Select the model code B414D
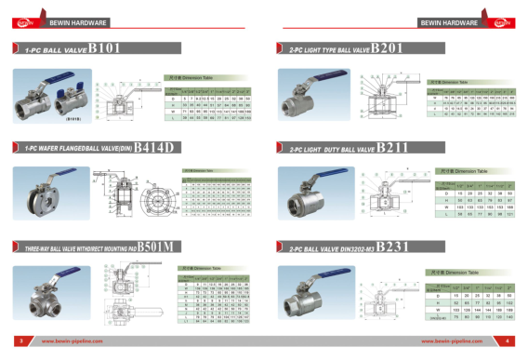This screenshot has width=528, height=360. [x=155, y=146]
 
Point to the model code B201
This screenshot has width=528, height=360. [x=391, y=47]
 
